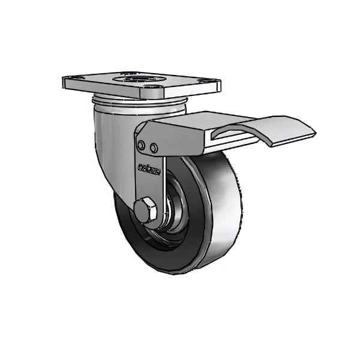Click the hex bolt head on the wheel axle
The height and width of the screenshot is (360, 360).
point(145,211)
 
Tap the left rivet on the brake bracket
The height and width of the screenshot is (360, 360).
point(141,145)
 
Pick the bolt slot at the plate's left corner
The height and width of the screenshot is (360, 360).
point(74,80)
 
